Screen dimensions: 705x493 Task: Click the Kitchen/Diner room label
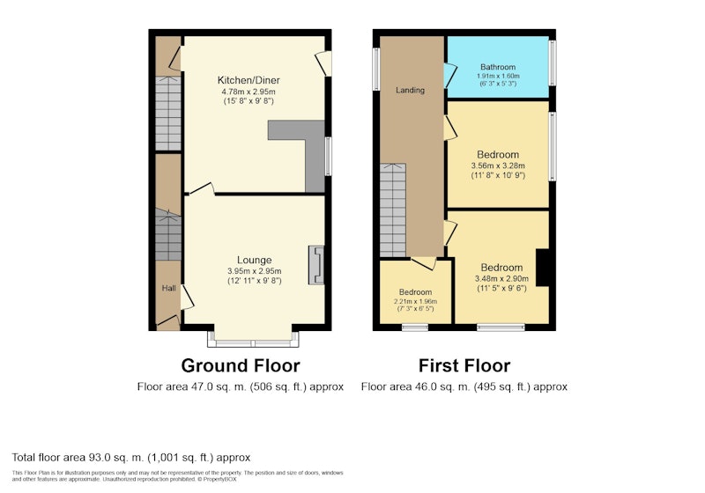pos(249,80)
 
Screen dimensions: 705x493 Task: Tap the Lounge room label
pos(254,260)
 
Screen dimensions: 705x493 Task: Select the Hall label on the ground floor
pos(168,288)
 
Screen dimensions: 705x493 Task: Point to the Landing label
pos(410,91)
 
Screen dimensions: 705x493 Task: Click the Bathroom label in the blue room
pos(498,67)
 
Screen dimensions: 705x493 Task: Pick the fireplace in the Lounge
pos(316,265)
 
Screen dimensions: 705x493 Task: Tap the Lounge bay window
pos(253,340)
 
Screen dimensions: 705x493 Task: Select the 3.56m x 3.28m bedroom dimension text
pos(498,166)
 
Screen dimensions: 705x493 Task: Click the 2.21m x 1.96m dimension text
pos(415,301)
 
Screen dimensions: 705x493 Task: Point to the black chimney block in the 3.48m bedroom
pos(543,267)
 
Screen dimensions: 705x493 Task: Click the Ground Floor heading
pos(241,365)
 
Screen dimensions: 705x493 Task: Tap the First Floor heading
pos(464,365)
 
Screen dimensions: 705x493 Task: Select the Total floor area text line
pos(130,458)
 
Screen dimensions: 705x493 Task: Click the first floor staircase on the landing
pos(393,210)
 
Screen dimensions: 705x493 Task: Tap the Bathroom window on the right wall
pos(553,63)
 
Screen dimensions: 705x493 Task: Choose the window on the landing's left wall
pos(376,70)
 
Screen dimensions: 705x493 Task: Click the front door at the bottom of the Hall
pos(168,322)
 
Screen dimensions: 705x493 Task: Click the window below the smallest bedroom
pos(415,327)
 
